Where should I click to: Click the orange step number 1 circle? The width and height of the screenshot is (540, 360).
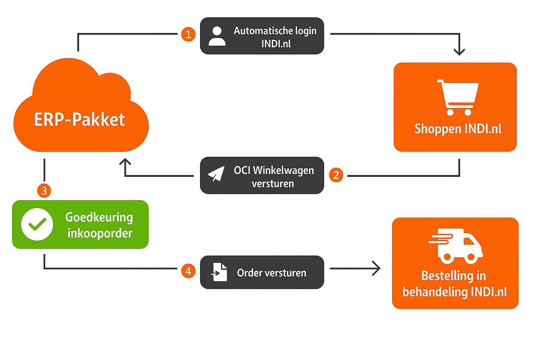tap(188, 34)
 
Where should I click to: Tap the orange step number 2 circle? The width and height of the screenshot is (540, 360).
tap(336, 175)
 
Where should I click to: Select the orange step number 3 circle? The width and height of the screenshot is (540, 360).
tap(44, 191)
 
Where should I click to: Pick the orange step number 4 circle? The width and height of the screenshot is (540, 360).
tap(188, 271)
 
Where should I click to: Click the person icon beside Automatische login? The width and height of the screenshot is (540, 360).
tap(217, 36)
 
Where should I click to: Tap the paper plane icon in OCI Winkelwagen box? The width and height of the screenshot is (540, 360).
tap(216, 174)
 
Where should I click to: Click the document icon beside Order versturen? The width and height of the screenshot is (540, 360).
tap(219, 272)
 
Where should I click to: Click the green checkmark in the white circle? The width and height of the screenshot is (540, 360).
tap(37, 224)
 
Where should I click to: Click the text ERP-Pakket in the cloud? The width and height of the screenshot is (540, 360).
tap(79, 120)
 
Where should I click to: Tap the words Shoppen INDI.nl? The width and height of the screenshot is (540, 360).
tap(458, 129)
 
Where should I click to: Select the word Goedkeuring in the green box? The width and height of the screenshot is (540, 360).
tap(99, 217)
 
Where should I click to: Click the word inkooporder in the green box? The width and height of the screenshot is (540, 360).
tap(100, 233)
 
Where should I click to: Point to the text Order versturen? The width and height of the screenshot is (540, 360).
tap(271, 273)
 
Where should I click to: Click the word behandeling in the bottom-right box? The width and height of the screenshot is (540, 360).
tap(435, 292)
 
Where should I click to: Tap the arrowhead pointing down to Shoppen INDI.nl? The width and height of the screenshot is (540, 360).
tap(459, 52)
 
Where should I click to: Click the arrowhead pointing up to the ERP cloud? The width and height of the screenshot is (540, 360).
tap(125, 162)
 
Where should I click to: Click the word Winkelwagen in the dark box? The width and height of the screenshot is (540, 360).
tap(283, 171)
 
